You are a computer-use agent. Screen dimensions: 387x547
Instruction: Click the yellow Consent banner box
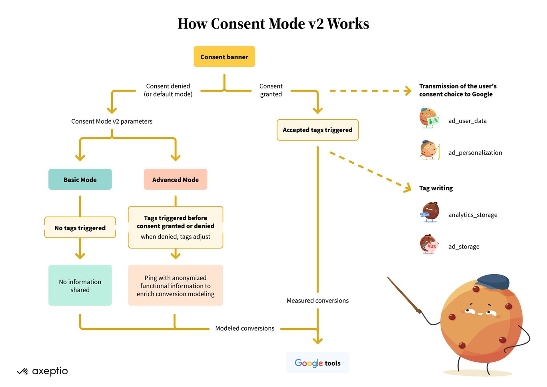[x=224, y=56]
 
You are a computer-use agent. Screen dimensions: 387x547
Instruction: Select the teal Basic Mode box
[x=80, y=179]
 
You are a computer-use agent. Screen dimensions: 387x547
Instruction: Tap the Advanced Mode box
[x=176, y=179]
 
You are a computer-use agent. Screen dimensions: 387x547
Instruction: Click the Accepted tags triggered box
[x=317, y=130]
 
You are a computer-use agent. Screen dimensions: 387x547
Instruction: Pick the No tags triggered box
[x=80, y=227]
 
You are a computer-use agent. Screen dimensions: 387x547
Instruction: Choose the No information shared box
[x=80, y=285]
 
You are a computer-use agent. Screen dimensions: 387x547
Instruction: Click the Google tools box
[x=317, y=363]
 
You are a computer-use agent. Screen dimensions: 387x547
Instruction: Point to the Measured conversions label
[x=317, y=300]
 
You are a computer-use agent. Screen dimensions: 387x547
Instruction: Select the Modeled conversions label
[x=245, y=328]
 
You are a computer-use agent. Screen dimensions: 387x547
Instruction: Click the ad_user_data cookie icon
[x=429, y=118]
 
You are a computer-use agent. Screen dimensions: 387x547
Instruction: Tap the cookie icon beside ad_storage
[x=429, y=244]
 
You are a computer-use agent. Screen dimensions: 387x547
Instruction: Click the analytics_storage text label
[x=473, y=215]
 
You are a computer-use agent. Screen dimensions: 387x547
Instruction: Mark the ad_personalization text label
[x=475, y=152]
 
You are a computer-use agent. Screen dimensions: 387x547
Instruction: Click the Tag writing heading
[x=436, y=188]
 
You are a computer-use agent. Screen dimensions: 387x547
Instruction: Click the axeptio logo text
[x=50, y=371]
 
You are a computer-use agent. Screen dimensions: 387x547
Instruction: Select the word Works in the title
[x=348, y=24]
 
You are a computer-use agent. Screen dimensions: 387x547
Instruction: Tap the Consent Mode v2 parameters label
[x=112, y=121]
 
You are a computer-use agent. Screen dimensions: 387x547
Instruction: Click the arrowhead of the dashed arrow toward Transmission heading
[x=408, y=91]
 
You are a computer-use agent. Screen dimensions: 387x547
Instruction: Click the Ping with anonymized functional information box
[x=176, y=285]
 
